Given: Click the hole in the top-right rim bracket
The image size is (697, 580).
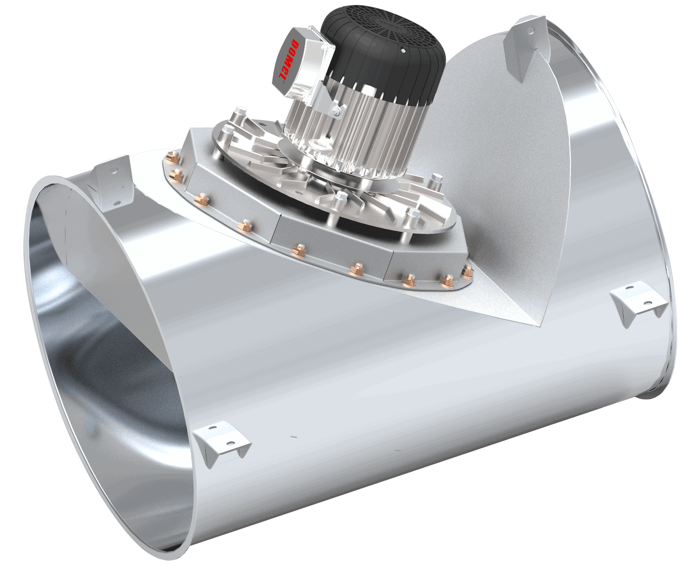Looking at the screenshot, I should pyautogui.click(x=531, y=29).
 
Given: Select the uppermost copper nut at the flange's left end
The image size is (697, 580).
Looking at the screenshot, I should pyautogui.click(x=173, y=158).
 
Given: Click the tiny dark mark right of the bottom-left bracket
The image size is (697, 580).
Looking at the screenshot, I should pyautogui.click(x=292, y=435).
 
